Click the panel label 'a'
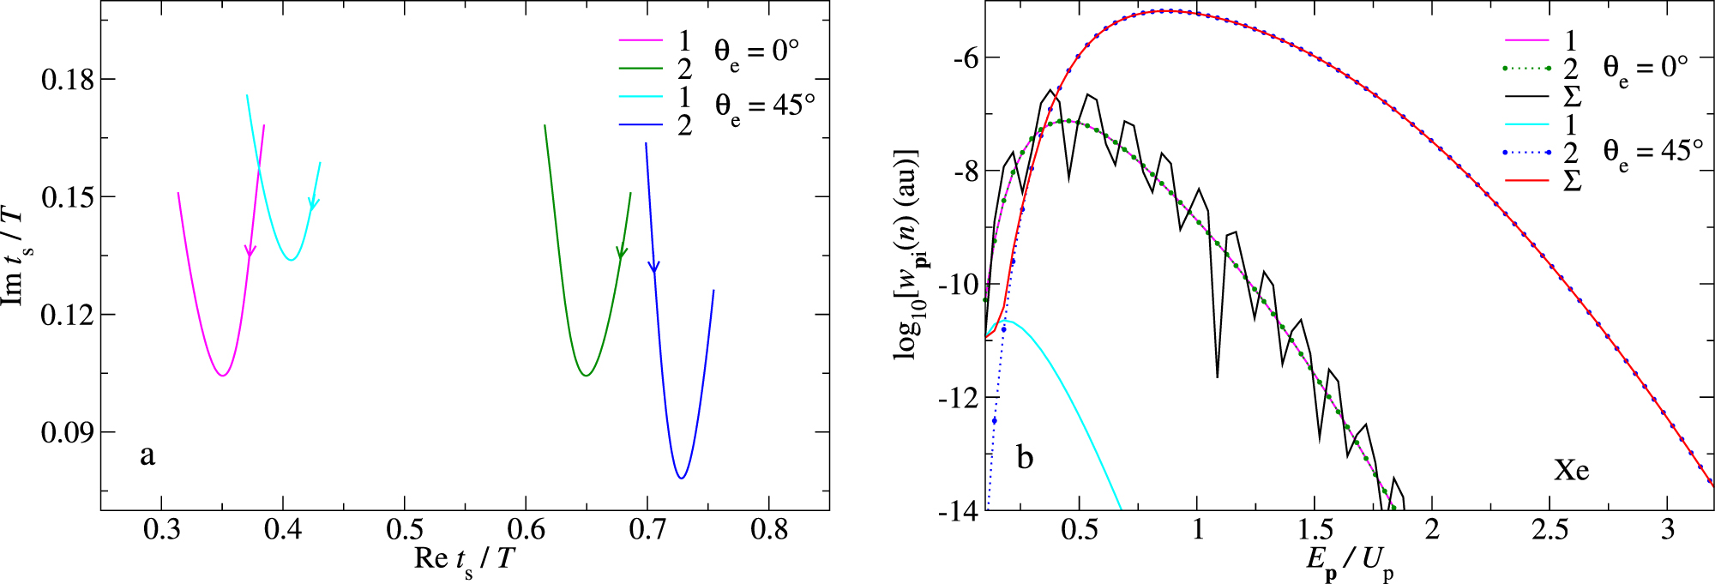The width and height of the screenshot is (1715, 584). point(147,455)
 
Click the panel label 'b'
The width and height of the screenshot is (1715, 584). point(1025,457)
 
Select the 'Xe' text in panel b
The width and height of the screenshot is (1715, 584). point(1571,469)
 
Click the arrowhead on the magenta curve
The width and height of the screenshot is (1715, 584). point(250,251)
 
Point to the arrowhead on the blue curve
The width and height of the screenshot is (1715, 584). point(653,267)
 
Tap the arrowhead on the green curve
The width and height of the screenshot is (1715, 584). point(622,252)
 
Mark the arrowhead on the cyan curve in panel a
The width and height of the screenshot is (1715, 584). point(314,204)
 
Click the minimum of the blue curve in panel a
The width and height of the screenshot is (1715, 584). point(681,478)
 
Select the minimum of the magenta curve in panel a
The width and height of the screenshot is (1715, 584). point(222,376)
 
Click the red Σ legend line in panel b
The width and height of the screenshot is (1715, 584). point(1527,181)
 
